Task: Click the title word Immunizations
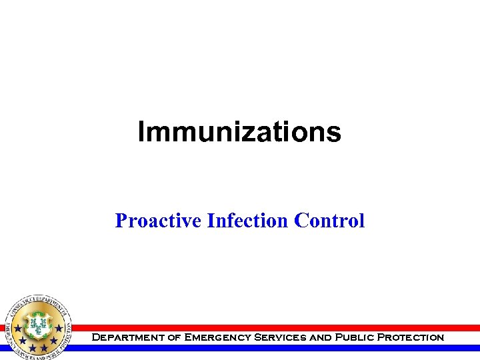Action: (239, 132)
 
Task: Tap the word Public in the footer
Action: (353, 338)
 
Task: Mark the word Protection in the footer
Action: (411, 338)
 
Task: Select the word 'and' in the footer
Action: (321, 338)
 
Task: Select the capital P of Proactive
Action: (121, 220)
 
